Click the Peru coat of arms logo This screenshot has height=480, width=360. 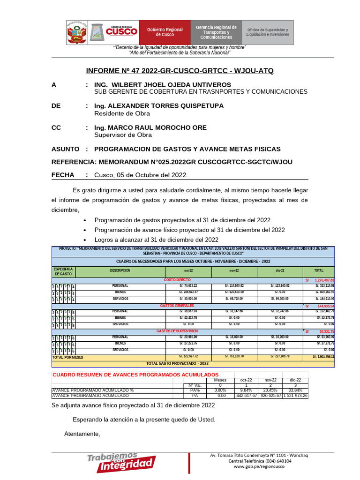[77, 32]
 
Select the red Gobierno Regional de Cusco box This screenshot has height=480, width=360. [165, 32]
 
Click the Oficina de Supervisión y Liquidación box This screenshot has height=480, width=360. [268, 32]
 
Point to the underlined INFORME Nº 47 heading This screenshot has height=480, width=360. [180, 71]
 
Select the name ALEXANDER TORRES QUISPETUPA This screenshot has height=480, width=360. [159, 106]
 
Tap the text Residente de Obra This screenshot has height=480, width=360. [122, 113]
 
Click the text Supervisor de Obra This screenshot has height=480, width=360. [123, 135]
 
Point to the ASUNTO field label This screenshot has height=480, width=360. [65, 149]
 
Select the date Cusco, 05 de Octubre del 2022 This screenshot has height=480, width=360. [141, 175]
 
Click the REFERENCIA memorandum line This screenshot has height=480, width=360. [172, 162]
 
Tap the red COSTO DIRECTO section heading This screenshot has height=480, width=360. [177, 279]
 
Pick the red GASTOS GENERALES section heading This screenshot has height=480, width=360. [177, 306]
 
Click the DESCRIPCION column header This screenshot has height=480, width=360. [120, 271]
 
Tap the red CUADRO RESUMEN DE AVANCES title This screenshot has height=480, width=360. [135, 375]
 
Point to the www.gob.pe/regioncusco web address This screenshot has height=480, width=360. [259, 467]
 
